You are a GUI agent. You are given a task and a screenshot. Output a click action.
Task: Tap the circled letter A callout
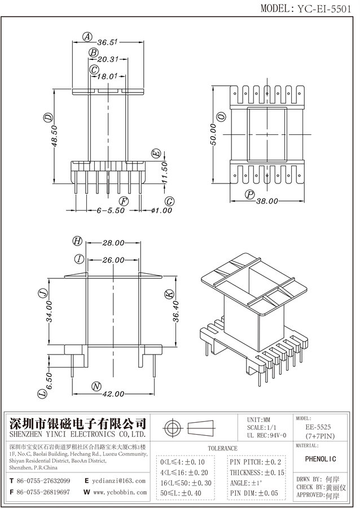pos(87,37)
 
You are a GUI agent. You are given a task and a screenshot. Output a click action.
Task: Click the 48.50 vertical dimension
pos(54,135)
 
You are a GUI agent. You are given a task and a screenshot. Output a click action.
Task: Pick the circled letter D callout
pos(48,118)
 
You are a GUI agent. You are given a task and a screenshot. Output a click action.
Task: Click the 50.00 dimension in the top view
pos(213,133)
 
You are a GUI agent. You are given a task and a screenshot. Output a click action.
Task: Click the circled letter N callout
pos(96,387)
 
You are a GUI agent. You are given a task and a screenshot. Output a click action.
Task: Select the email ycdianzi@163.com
pos(119,480)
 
